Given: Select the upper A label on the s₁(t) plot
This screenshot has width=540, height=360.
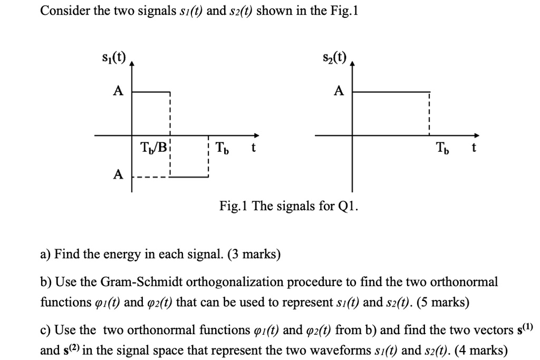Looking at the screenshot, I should (x=119, y=91).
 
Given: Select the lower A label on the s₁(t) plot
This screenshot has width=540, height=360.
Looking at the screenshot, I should (x=119, y=173).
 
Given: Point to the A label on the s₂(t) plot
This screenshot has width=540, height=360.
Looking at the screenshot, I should (x=339, y=91).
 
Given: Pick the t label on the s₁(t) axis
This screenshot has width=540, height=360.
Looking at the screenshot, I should (x=253, y=148).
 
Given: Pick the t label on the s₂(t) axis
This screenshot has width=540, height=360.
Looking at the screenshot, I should (x=474, y=148).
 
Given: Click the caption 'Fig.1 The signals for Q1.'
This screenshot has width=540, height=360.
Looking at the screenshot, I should (x=288, y=205).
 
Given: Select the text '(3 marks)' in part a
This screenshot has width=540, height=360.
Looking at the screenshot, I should (x=256, y=255).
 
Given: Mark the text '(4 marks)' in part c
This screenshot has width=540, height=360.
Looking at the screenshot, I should (x=481, y=351).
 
